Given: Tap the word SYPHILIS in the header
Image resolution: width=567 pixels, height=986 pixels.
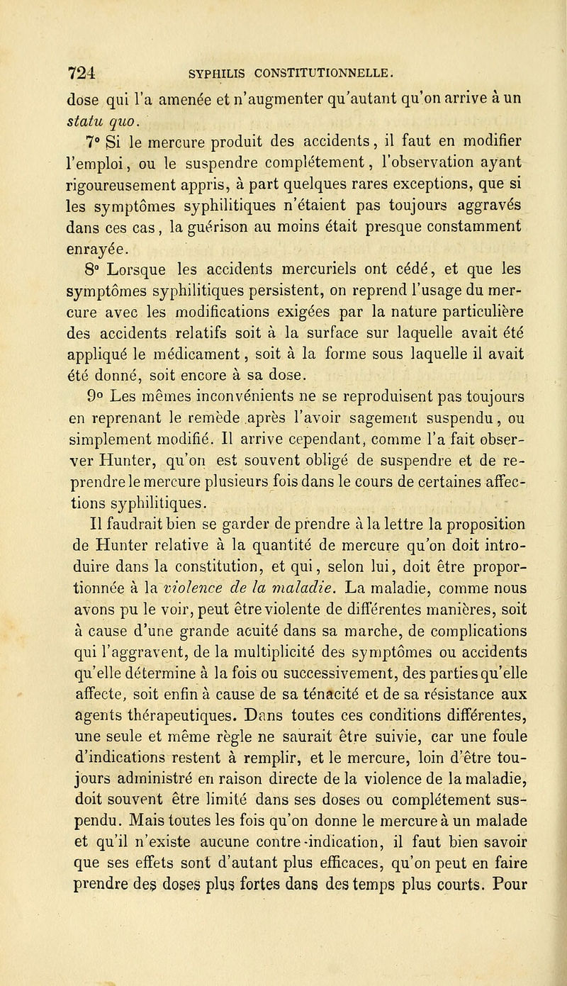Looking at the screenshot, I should tap(208, 72).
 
